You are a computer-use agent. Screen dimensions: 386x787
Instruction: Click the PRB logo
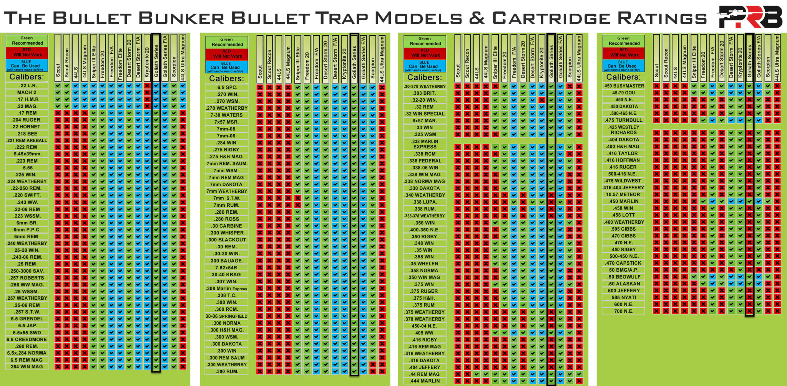(x=750, y=17)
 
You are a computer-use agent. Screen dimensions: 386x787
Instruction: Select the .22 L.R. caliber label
(x=27, y=86)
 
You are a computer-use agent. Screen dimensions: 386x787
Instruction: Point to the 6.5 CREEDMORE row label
(x=27, y=340)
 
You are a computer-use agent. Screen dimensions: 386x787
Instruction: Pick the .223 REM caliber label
(x=27, y=161)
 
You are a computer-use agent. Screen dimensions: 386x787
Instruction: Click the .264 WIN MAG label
(x=27, y=367)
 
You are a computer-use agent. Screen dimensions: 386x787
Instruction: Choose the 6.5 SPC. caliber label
(x=227, y=87)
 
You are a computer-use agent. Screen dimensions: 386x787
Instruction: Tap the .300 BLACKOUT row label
(x=227, y=240)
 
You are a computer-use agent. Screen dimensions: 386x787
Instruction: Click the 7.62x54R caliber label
(x=227, y=268)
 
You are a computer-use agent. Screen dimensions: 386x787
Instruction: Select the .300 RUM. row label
(x=227, y=371)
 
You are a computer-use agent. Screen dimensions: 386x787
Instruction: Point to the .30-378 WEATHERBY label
(x=425, y=87)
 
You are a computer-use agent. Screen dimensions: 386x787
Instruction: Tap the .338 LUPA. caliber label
(x=425, y=202)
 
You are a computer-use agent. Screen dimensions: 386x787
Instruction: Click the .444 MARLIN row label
(x=425, y=381)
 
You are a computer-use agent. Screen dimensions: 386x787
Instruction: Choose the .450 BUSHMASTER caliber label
(x=623, y=86)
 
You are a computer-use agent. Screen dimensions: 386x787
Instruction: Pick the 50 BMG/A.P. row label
(x=623, y=270)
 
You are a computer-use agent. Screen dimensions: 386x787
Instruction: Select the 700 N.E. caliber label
(x=623, y=311)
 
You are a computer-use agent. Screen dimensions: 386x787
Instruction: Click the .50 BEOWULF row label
(x=623, y=277)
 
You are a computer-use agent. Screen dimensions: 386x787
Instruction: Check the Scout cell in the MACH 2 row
(x=58, y=92)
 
